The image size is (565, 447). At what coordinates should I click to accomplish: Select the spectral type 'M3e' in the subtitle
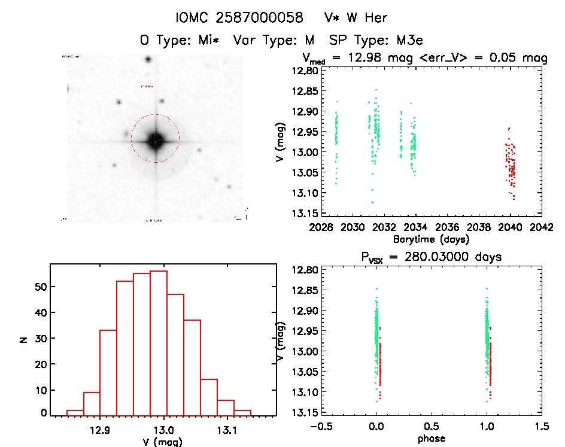pos(409,41)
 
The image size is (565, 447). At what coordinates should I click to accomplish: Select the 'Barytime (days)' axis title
pos(431,239)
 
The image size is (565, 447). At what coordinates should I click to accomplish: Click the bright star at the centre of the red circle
pos(155,140)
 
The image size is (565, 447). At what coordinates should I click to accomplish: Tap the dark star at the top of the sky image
pos(147,60)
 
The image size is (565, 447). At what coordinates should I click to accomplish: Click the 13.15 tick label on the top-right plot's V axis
pos(305,213)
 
